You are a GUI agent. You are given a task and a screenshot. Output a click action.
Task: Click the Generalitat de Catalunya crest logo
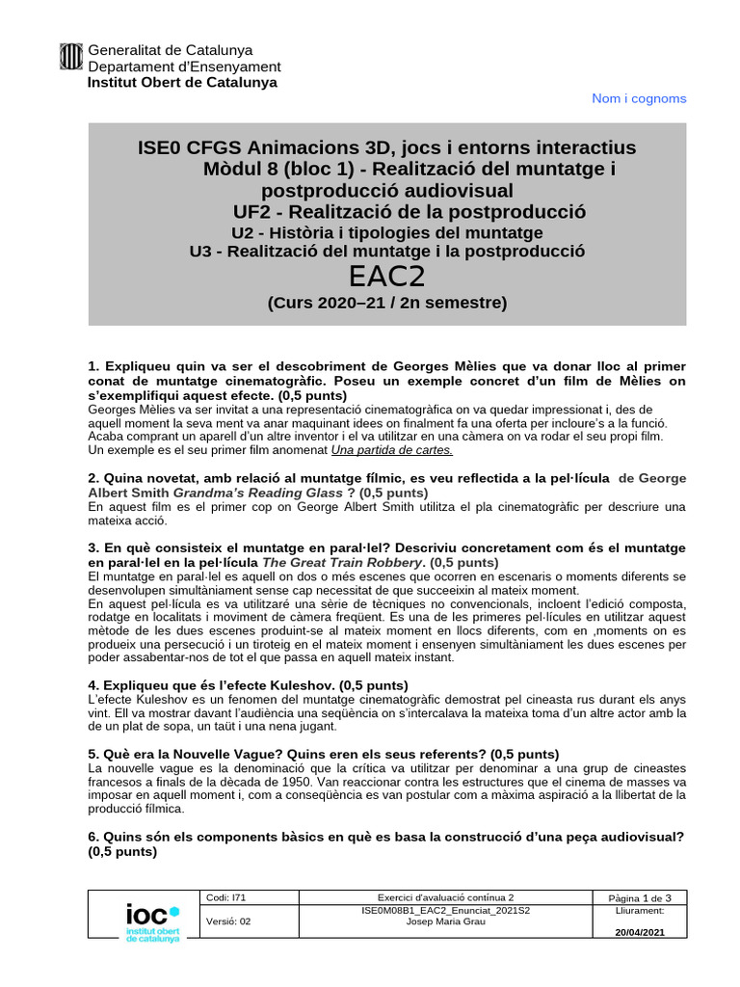(x=72, y=58)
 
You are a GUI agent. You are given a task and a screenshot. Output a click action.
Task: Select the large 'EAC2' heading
(x=387, y=277)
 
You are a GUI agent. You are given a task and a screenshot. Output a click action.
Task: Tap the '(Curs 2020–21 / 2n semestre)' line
(x=386, y=304)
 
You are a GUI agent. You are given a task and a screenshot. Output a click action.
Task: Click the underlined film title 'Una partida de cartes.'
(x=391, y=449)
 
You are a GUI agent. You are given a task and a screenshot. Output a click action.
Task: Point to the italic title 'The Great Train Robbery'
(x=342, y=562)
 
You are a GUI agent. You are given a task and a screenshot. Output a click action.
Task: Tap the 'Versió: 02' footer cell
(x=228, y=921)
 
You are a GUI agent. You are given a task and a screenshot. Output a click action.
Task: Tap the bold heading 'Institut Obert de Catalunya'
(x=182, y=82)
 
